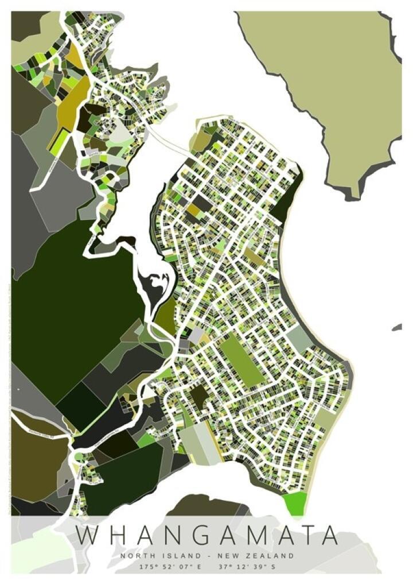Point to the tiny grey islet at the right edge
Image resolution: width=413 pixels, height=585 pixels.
(397, 327)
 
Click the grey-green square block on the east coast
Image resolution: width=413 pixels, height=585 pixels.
(299, 339)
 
